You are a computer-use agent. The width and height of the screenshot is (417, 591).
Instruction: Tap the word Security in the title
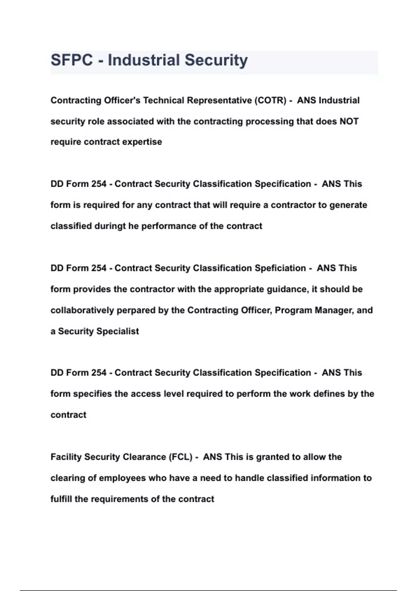coord(216,60)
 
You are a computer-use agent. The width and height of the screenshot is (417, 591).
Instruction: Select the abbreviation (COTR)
coord(270,100)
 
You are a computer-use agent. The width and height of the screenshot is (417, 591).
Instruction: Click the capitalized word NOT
coord(349,121)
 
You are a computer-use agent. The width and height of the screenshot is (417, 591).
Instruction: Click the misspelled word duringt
coord(110,226)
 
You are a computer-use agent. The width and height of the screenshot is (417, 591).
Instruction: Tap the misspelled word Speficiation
coord(280,268)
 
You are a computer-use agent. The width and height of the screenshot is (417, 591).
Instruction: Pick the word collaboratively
coord(82,310)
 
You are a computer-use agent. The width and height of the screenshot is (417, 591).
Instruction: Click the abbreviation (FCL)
coord(180,457)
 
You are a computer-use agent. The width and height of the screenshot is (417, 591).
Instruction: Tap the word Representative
coord(220,100)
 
